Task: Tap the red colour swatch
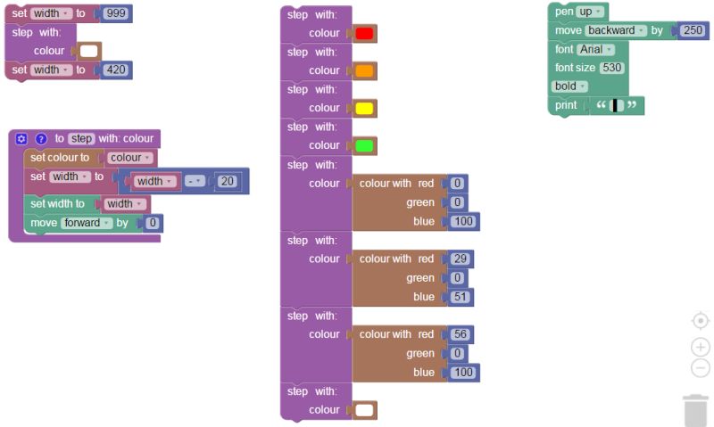point(364,33)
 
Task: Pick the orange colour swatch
point(364,70)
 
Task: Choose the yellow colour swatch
point(364,108)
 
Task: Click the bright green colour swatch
point(364,145)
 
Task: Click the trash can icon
point(695,410)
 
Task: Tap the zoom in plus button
point(701,348)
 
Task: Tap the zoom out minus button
point(701,368)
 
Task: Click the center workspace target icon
point(701,321)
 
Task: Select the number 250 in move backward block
point(692,30)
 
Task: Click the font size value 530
point(611,68)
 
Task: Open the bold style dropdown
point(569,86)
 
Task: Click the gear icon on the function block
point(22,139)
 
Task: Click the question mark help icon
point(41,139)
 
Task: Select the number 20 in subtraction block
point(227,181)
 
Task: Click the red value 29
point(460,259)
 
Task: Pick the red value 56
point(460,334)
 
